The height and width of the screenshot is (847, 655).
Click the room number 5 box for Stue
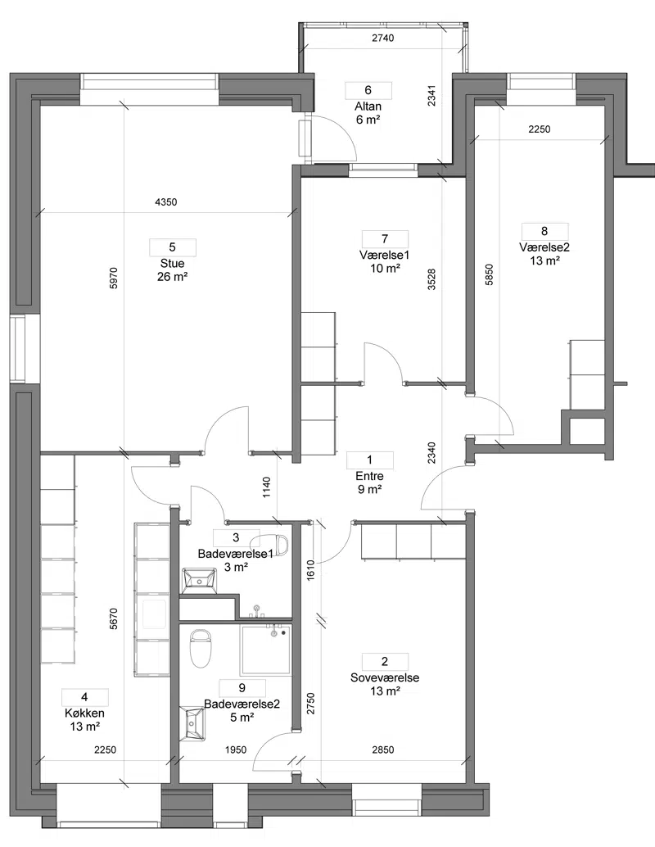pyautogui.click(x=172, y=247)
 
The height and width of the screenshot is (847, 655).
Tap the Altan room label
pyautogui.click(x=368, y=106)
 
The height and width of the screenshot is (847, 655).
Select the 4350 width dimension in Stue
pyautogui.click(x=165, y=202)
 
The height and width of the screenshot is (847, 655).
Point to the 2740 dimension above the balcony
pyautogui.click(x=383, y=38)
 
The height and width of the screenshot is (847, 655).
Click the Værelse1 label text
pyautogui.click(x=385, y=255)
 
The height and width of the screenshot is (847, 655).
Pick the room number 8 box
pyautogui.click(x=544, y=231)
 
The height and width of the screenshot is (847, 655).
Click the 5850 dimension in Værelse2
pyautogui.click(x=490, y=274)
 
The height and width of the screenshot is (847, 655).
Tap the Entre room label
pyautogui.click(x=370, y=477)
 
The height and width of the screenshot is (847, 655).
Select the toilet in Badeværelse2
pyautogui.click(x=199, y=648)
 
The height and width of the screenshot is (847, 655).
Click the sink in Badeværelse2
pyautogui.click(x=192, y=723)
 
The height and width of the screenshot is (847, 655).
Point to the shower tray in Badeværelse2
pyautogui.click(x=266, y=650)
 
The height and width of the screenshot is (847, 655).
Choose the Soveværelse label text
pyautogui.click(x=385, y=678)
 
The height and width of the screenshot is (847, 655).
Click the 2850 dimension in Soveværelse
pyautogui.click(x=383, y=750)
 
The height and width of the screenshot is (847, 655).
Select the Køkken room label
pyautogui.click(x=85, y=713)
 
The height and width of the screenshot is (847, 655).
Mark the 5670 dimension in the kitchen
pyautogui.click(x=113, y=619)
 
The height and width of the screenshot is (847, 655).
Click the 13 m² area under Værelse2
pyautogui.click(x=544, y=261)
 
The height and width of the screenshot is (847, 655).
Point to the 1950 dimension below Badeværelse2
pyautogui.click(x=236, y=750)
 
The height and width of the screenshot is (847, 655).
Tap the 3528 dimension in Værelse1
pyautogui.click(x=431, y=279)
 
